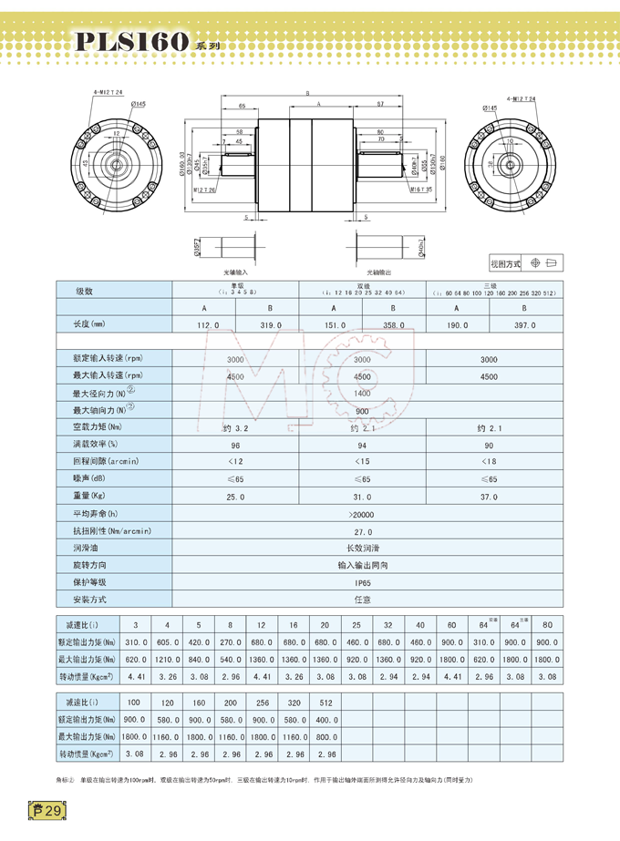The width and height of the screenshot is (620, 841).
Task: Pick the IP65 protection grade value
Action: pos(362,582)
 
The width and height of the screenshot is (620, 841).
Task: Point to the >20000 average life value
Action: pos(362,514)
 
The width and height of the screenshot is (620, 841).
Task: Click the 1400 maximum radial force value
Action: pos(362,394)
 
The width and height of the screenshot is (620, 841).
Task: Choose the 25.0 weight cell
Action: pos(236,497)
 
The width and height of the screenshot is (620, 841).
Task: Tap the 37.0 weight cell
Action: pos(489,497)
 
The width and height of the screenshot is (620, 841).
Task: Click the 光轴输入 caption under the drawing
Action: pos(236,272)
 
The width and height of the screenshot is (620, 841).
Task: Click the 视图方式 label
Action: pos(505,264)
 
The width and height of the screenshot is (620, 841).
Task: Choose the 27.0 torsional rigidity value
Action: pos(362,531)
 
